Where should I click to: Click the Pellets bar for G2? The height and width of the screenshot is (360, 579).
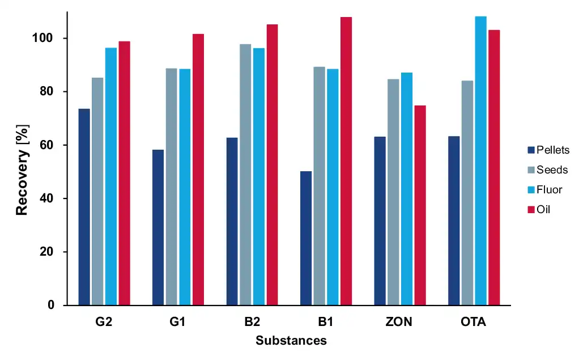coord(84,207)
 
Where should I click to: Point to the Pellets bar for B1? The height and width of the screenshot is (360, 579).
coord(306,238)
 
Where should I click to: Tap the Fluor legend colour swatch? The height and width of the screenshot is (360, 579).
coord(531,190)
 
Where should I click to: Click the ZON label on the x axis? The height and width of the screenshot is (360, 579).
coord(399,323)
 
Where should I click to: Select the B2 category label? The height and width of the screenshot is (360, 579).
coord(252,323)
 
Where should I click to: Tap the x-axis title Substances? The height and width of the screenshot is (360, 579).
coord(291,341)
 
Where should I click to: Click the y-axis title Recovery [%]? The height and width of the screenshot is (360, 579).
coord(22,171)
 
